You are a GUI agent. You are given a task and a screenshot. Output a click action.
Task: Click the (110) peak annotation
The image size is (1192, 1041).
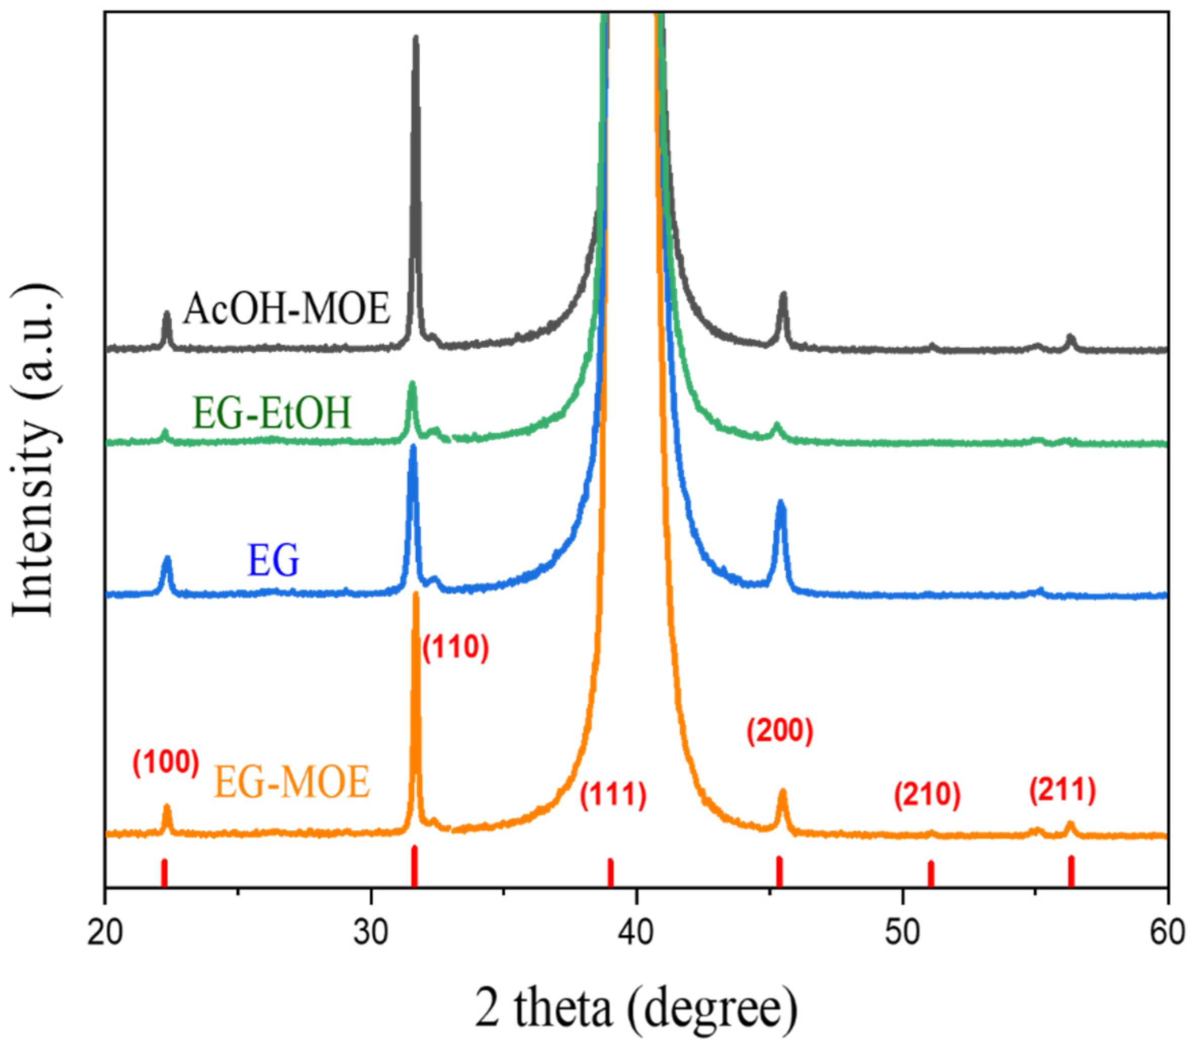click(x=456, y=648)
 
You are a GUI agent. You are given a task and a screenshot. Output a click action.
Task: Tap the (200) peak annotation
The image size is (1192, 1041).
click(x=780, y=733)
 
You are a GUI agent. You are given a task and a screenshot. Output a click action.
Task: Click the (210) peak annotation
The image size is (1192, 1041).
click(x=927, y=795)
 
